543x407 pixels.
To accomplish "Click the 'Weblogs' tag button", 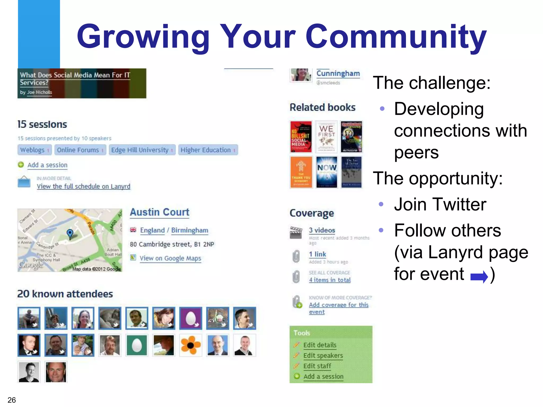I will coord(32,150).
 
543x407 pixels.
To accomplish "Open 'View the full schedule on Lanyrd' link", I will coord(84,186).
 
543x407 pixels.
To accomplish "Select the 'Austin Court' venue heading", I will coord(160,212).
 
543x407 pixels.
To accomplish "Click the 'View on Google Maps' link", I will coord(170,258).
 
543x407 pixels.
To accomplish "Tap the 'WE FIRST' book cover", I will coord(326,136).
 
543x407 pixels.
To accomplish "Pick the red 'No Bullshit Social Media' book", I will coord(301,136).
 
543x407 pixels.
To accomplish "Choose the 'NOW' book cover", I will coord(326,172).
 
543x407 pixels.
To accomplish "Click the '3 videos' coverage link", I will coord(322,230).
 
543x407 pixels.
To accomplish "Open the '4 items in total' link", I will coord(330,280).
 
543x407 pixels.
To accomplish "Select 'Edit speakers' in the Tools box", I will coord(323,356).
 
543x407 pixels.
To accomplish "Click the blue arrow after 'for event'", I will coord(479,277).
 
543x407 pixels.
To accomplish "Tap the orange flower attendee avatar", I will coord(190,345).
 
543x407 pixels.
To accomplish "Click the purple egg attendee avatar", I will coord(190,318).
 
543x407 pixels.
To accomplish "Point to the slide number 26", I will coord(12,400).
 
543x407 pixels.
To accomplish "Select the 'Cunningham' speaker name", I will coord(338,73).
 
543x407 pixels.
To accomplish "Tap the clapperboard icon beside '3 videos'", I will coord(296,233).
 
